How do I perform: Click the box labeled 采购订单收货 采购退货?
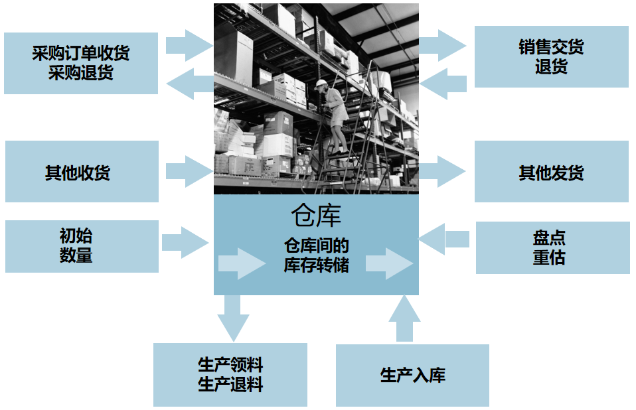click(81, 63)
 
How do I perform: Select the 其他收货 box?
click(82, 171)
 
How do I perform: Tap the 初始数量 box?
click(82, 246)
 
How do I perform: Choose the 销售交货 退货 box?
click(551, 57)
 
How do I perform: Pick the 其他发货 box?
click(551, 171)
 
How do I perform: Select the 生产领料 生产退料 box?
click(230, 374)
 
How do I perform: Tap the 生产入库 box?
click(412, 375)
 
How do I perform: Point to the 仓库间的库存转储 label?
click(316, 255)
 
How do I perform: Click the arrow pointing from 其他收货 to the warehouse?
click(189, 171)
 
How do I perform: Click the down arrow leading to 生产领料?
click(232, 317)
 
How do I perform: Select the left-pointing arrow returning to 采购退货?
click(189, 84)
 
